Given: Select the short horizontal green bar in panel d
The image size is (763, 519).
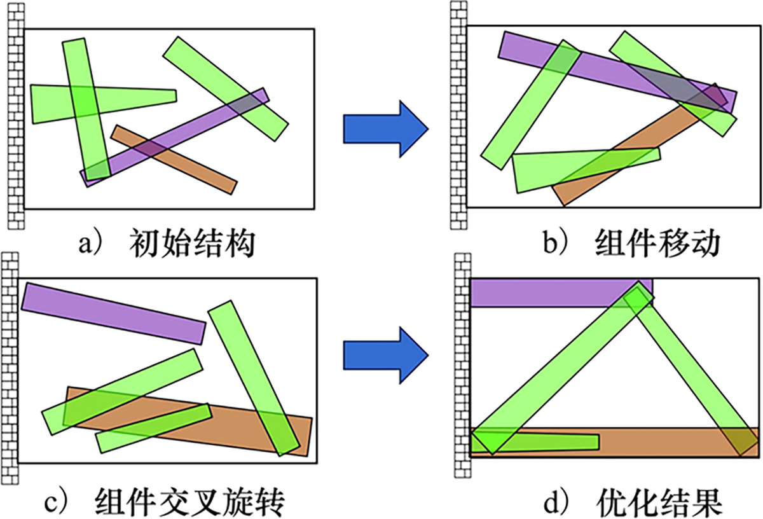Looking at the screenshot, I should [x=547, y=441].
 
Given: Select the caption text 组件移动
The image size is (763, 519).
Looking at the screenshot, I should [x=658, y=244].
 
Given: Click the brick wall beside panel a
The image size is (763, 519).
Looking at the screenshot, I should [x=15, y=114].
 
